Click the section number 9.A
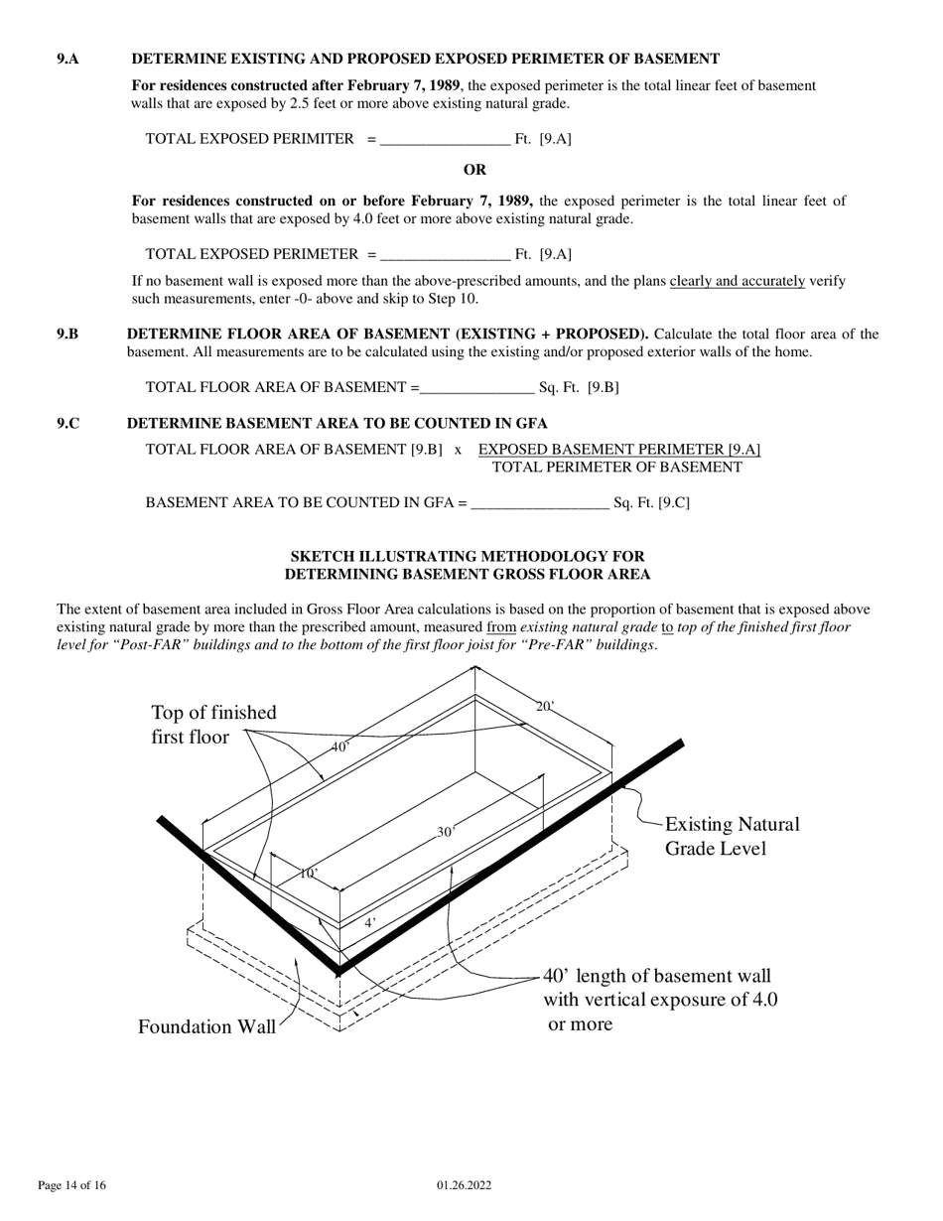coord(67,60)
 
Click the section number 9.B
coord(67,334)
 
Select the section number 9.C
coord(67,424)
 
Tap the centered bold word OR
coord(474,170)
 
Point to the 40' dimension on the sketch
coord(340,746)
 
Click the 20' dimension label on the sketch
coord(545,707)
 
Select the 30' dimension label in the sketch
coord(446,832)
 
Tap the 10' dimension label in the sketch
coord(309,874)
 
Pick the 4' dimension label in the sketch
coord(369,922)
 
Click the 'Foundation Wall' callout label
coord(206,1027)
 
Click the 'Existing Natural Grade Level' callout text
coord(731,837)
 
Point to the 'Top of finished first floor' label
coord(213,725)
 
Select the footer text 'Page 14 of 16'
coord(71,1185)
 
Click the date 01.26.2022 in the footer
coord(464,1185)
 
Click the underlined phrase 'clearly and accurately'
coord(737,281)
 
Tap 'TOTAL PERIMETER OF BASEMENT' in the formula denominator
coord(616,468)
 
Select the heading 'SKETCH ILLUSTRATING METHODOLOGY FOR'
coord(467,557)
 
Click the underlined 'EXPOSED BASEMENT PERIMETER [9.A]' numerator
coord(618,450)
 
